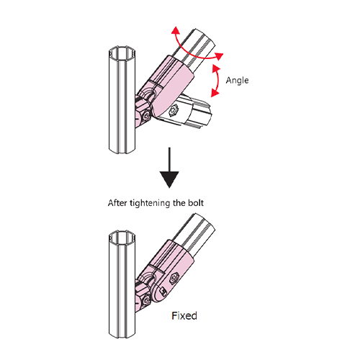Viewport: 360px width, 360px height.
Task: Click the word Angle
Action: (237, 81)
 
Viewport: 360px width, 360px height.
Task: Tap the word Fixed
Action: (184, 315)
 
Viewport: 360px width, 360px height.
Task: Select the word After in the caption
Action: (117, 203)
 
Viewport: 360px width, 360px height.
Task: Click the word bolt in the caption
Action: (196, 203)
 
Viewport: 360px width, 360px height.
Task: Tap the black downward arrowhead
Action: (169, 179)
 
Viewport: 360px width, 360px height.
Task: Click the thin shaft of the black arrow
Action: (169, 160)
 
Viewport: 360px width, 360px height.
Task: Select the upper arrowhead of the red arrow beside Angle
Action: (217, 68)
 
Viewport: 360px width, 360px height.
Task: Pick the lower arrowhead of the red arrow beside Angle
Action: (215, 93)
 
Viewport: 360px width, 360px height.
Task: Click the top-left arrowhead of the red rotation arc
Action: (176, 30)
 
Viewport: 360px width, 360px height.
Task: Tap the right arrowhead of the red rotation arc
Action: (219, 56)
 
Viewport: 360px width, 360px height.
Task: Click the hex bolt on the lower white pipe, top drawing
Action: (174, 111)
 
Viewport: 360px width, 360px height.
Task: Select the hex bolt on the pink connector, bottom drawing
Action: (174, 279)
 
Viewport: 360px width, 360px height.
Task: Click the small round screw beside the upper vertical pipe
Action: (145, 117)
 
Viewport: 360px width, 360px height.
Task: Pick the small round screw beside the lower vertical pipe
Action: (145, 302)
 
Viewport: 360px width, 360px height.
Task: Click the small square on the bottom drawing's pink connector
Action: (164, 291)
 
